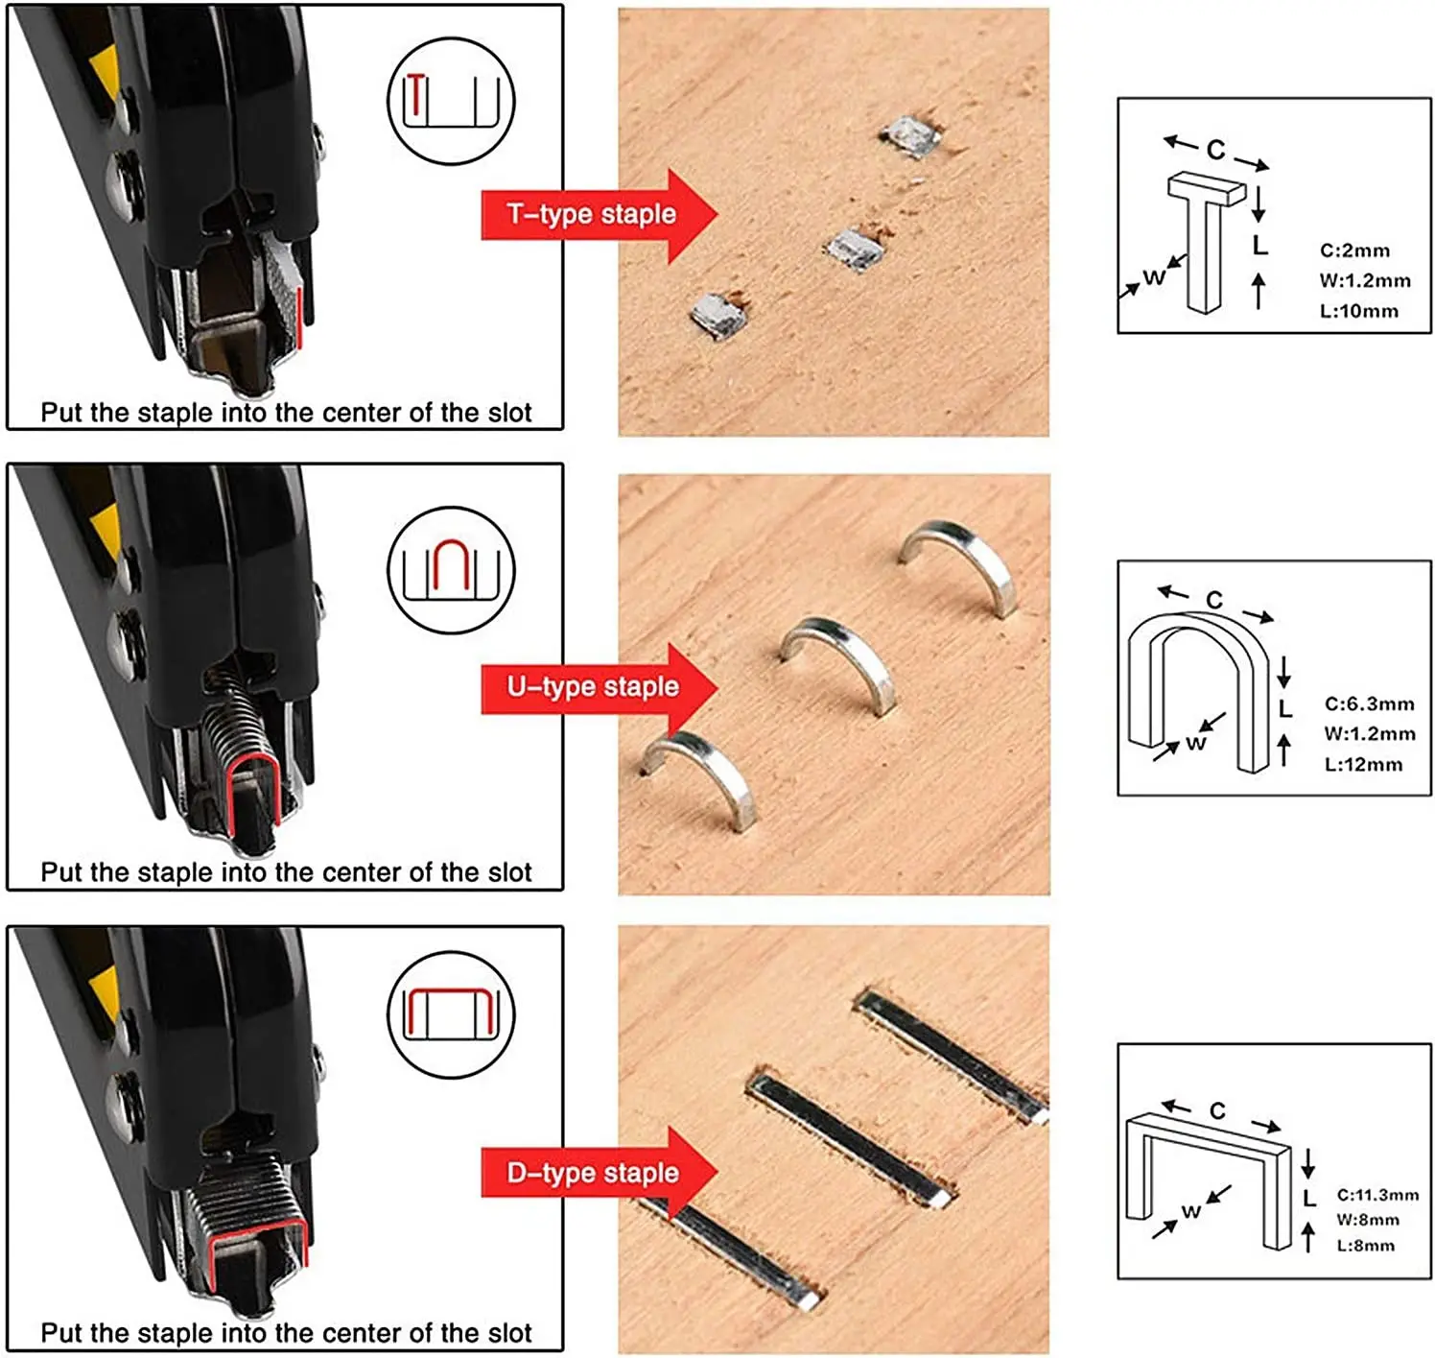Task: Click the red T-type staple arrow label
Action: coord(599,216)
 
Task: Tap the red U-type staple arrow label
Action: coord(599,688)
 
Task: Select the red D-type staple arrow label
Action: coord(599,1174)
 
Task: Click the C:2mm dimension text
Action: coord(1354,250)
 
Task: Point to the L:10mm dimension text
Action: coord(1359,311)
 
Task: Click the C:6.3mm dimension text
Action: coord(1370,704)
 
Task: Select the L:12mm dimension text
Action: coord(1363,765)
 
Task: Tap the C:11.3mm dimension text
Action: coord(1378,1195)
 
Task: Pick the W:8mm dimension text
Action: coord(1368,1220)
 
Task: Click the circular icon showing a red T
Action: coord(451,101)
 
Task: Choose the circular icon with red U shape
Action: coord(451,570)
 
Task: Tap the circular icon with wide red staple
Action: coord(451,1014)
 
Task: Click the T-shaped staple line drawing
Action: coord(1205,241)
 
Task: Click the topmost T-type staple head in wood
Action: coord(910,136)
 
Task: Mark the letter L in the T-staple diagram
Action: coord(1259,246)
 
